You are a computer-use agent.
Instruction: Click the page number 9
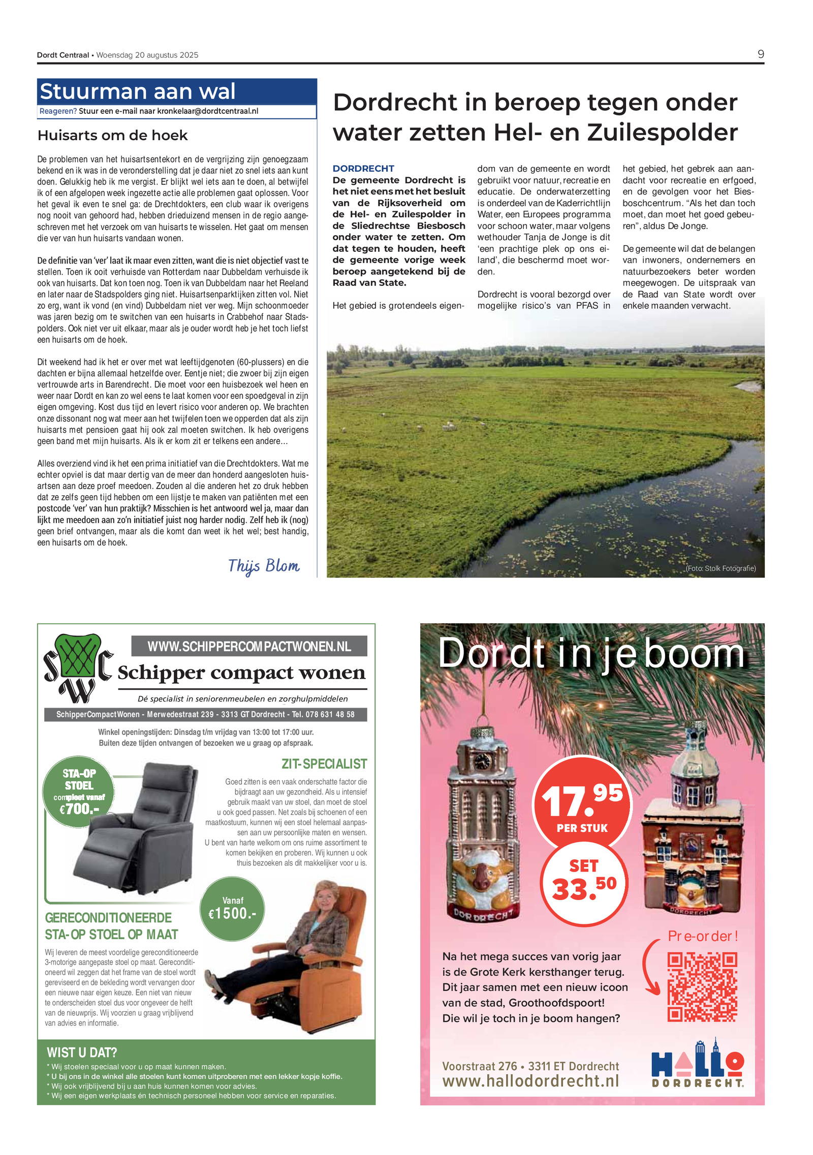tap(760, 54)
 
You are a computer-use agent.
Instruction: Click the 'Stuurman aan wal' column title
tap(137, 92)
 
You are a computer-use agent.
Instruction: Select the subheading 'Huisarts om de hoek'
tap(112, 136)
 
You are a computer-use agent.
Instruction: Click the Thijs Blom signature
tap(263, 566)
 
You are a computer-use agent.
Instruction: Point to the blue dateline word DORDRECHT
tap(363, 169)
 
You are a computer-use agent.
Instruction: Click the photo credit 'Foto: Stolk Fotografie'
tap(721, 568)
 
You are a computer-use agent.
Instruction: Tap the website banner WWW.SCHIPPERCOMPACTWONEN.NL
tap(249, 647)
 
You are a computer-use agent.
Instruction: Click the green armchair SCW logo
tap(78, 667)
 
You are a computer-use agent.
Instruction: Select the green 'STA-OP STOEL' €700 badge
tap(79, 791)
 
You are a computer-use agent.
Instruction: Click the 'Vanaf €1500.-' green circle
tap(233, 908)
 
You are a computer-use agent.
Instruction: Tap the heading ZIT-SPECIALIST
tap(324, 764)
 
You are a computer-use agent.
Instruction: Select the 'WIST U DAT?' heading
tap(82, 1052)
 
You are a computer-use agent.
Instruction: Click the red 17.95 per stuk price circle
tap(582, 804)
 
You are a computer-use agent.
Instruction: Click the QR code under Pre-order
tap(702, 987)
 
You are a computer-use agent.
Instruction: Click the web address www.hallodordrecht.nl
tap(530, 1080)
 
